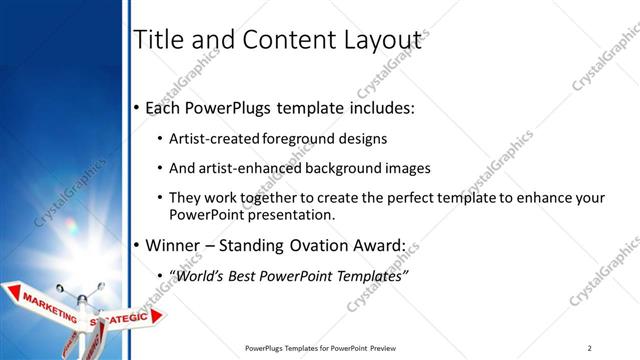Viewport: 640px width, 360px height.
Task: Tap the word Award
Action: (378, 245)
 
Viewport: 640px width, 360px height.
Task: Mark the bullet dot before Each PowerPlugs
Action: (137, 107)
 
